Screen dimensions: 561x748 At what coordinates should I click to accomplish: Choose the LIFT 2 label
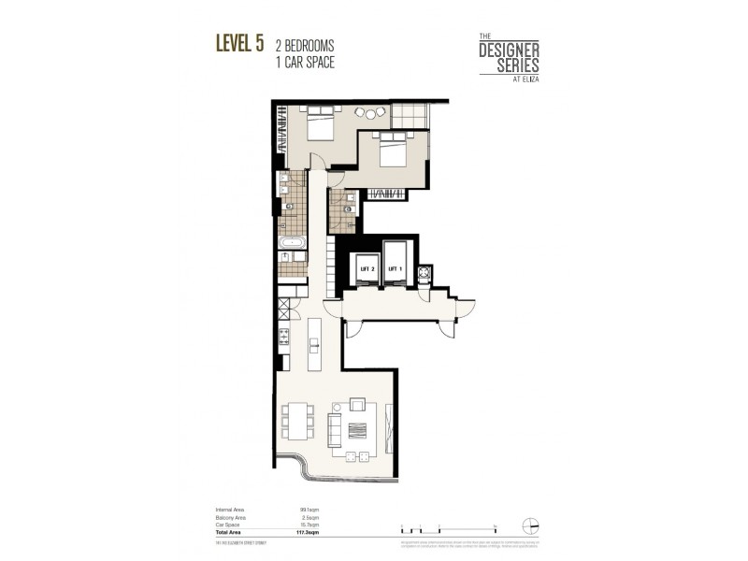[367, 268]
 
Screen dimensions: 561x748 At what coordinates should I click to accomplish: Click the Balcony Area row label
[230, 516]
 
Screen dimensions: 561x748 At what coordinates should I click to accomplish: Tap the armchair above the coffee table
[357, 404]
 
